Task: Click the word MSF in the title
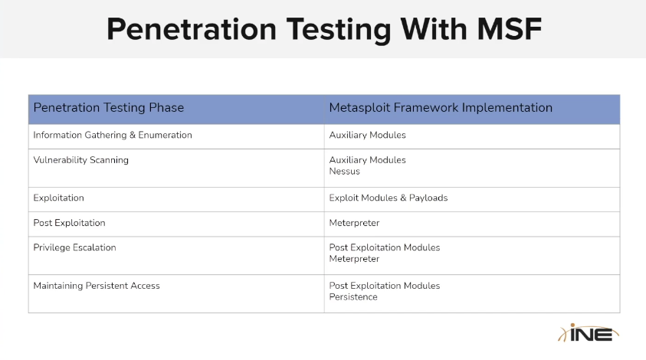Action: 510,29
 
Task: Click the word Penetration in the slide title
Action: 192,29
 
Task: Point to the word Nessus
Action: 344,172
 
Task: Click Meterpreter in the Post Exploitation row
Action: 354,223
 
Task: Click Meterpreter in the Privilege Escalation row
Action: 354,259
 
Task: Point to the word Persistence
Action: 353,297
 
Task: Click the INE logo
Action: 589,333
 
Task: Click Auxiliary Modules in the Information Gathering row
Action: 368,135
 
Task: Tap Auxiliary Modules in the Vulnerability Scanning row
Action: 368,160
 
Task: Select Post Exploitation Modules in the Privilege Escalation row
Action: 385,247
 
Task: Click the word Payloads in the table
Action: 428,198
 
